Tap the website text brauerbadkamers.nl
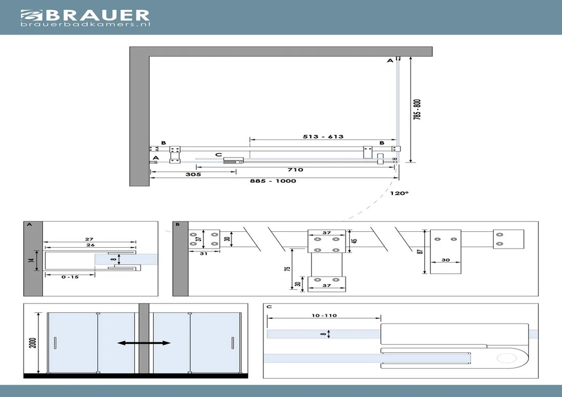pos(85,24)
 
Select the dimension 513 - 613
pos(323,137)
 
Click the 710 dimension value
pos(295,170)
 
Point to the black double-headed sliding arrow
pos(144,343)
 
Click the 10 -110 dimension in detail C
pos(323,316)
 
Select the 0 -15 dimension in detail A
pos(71,277)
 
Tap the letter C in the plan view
pos(219,155)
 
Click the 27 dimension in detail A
pos(89,240)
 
